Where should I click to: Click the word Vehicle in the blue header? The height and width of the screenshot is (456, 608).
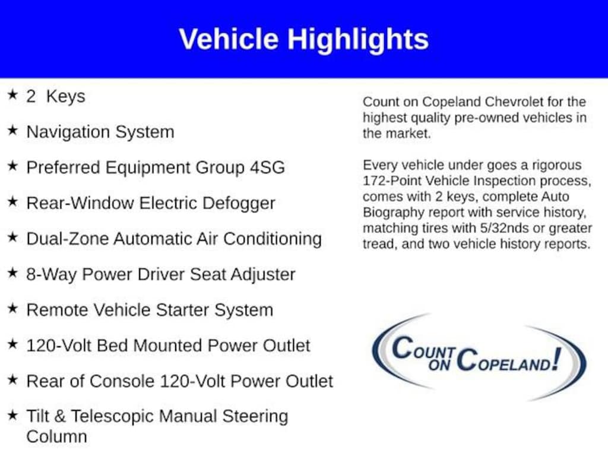[229, 39]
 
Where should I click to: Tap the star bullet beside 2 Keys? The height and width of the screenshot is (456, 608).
[12, 94]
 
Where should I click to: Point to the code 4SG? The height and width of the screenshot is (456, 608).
[268, 167]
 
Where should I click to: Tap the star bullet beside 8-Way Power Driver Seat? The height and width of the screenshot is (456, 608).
[12, 273]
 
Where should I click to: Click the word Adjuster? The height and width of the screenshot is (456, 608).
[263, 275]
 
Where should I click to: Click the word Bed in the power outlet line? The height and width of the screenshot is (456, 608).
[112, 346]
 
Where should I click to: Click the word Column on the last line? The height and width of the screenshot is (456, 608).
[56, 437]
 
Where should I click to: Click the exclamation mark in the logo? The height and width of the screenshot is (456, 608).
[557, 359]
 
